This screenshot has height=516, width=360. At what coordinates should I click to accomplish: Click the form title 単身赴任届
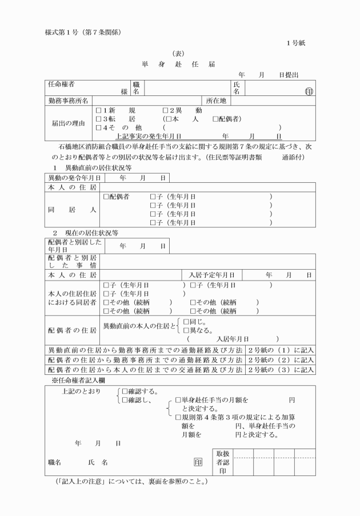[x=179, y=64]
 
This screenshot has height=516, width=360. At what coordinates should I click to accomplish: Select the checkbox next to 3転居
[x=99, y=119]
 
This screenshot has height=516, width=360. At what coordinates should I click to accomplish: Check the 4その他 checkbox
[x=99, y=127]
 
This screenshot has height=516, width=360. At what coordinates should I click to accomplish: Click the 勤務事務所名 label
[x=68, y=101]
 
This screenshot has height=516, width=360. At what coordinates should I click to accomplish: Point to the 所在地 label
[x=217, y=101]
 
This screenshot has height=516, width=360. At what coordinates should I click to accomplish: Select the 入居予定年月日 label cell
[x=215, y=275]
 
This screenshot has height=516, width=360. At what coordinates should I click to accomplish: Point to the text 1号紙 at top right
[x=295, y=43]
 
